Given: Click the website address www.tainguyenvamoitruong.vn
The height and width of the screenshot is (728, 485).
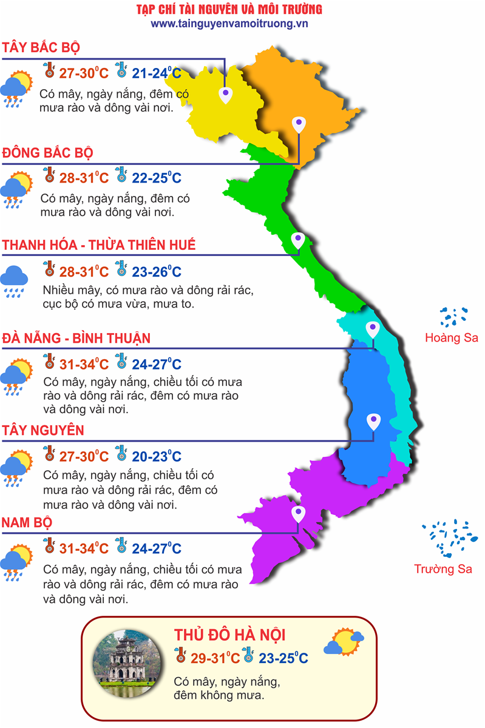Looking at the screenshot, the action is point(230,24).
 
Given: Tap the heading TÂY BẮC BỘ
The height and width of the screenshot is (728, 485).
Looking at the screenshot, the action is point(41,48).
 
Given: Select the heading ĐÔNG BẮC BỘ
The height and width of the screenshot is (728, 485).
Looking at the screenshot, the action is point(47,152).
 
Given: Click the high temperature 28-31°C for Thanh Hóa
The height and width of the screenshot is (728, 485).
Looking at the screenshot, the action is point(84,271).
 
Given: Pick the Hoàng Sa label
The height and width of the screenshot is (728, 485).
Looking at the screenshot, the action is point(452,338).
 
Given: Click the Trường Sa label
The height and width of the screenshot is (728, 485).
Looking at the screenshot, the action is point(443,569).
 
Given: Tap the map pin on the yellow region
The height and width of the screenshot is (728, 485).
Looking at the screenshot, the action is point(226,93).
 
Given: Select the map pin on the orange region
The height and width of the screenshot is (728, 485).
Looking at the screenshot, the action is point(298,124).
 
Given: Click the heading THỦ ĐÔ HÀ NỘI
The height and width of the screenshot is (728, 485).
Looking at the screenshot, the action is point(229,635).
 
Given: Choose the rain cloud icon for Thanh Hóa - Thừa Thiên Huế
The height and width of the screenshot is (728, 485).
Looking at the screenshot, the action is point(14,280).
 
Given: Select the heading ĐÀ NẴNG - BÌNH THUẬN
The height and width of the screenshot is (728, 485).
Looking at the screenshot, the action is point(76,338).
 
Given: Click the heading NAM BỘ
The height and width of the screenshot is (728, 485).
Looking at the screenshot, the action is point(27,522).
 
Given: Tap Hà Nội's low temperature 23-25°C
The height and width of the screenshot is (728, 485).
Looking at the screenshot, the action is point(283,658).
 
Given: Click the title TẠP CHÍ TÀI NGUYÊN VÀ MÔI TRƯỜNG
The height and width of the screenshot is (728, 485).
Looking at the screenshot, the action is point(229,10).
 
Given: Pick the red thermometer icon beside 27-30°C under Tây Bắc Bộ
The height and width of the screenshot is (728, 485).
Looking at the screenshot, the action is point(49,72).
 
